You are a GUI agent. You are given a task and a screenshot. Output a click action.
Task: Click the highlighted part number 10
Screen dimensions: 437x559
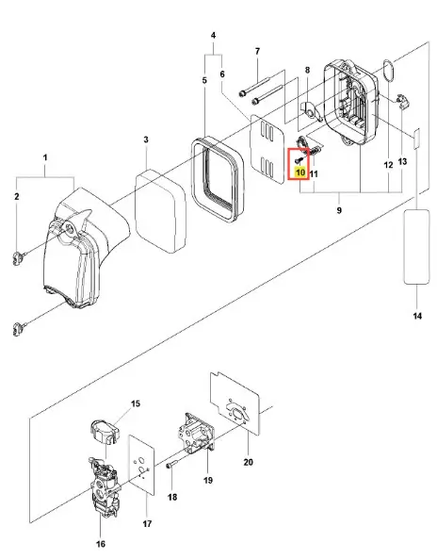coord(300,173)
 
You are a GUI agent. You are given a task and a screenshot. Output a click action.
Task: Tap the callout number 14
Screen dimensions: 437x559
coord(417,316)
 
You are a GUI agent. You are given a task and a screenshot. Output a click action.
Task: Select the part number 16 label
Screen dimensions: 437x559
coord(101,544)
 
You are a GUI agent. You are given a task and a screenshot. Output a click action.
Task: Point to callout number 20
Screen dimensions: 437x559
coord(249,462)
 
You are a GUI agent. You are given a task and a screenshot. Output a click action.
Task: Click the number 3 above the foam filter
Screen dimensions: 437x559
coord(146,140)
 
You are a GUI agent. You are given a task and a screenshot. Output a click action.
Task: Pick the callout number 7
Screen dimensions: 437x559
coord(257,51)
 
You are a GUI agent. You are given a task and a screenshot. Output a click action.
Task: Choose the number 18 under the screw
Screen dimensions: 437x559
coord(172,497)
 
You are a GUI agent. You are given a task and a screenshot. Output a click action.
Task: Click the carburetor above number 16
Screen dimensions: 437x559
coord(104,487)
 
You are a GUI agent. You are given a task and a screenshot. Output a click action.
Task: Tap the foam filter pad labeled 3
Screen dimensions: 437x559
coord(161,211)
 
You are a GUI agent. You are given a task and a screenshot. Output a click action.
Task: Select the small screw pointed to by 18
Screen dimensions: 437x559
coord(172,465)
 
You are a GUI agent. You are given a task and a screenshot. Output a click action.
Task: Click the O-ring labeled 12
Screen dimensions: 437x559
coord(388,72)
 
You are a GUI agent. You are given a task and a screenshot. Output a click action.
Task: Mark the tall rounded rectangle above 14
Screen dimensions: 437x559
coord(416,247)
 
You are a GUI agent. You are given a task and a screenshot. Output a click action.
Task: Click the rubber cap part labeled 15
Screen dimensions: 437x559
coord(104,432)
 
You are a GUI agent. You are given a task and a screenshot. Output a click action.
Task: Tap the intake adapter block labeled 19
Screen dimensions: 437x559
coord(197,435)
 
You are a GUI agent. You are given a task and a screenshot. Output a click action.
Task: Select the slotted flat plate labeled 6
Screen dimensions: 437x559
coord(267,149)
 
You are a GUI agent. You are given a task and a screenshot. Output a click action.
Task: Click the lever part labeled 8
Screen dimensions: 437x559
coord(312,111)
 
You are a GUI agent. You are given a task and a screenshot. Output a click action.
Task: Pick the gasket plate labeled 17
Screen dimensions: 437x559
coord(142,466)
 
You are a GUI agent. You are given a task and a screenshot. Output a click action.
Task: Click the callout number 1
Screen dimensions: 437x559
coord(45,157)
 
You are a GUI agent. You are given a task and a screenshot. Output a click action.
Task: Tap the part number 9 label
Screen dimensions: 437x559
coord(339,210)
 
